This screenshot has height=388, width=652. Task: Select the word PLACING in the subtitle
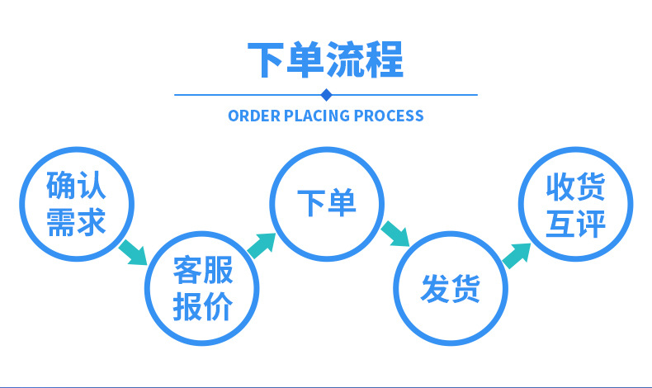317,116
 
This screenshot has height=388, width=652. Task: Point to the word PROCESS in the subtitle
389,116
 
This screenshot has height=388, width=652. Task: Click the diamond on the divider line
325,94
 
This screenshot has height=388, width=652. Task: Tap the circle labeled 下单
327,203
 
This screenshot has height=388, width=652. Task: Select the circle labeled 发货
451,287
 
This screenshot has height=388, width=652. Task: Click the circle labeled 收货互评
575,203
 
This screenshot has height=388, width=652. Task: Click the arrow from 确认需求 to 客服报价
134,251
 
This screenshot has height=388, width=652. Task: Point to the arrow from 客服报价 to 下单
262,244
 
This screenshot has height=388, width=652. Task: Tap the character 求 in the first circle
92,221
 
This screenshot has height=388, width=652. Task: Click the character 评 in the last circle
590,222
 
